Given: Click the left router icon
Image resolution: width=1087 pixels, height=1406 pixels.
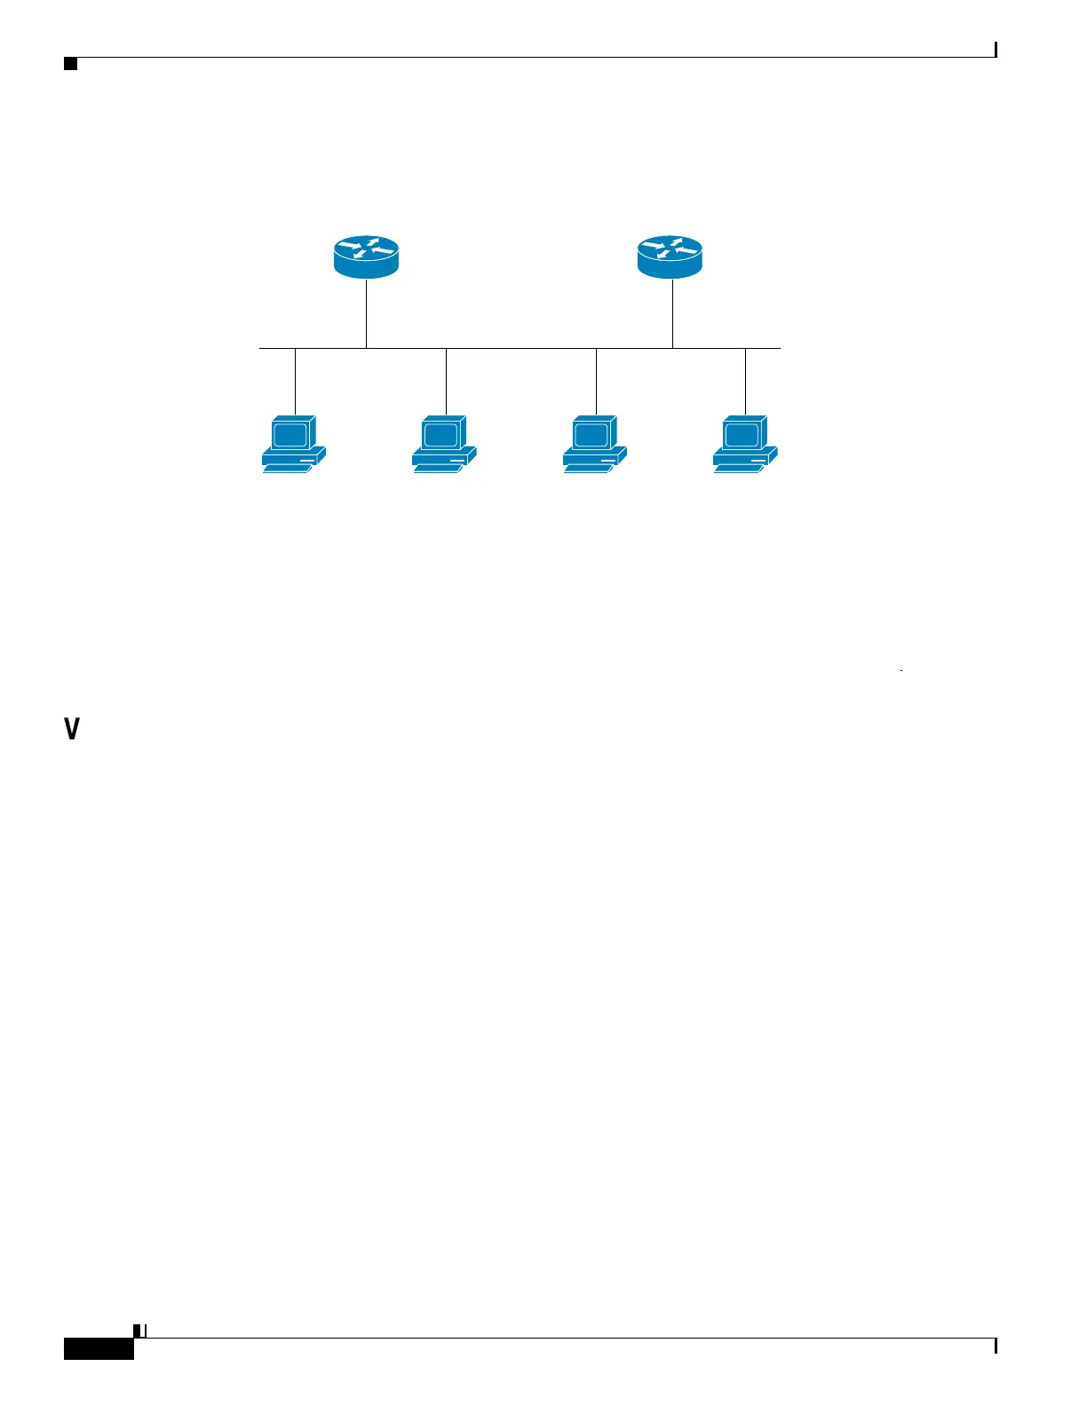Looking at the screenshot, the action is click(366, 257).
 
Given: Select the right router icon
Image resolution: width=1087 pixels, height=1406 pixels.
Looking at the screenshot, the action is click(670, 257).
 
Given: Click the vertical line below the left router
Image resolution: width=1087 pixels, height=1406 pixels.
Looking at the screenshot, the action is click(366, 313).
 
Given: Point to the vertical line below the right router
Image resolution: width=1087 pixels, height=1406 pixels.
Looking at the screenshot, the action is click(672, 313).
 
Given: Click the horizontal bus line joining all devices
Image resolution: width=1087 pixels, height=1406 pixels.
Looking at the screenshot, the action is click(520, 348).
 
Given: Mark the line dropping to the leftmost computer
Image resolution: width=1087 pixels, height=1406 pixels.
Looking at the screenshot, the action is click(295, 382).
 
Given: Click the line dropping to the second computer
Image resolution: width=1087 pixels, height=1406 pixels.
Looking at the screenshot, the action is click(446, 382).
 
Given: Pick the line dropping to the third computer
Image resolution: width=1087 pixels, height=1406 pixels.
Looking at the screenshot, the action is click(596, 382).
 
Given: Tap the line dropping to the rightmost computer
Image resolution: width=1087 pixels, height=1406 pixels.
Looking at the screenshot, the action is click(745, 382).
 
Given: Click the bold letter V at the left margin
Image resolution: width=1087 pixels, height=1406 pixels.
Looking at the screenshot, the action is click(72, 730).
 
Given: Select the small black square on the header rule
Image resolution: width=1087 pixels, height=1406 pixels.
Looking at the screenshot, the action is click(71, 64).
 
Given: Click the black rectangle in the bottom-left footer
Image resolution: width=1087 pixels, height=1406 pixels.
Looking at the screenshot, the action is click(99, 1348).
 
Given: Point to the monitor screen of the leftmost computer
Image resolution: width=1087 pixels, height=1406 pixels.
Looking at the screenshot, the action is click(290, 435).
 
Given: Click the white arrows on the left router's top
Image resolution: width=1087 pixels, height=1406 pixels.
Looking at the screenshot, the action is click(366, 248).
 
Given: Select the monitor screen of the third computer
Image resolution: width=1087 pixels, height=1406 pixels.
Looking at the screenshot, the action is click(591, 435).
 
